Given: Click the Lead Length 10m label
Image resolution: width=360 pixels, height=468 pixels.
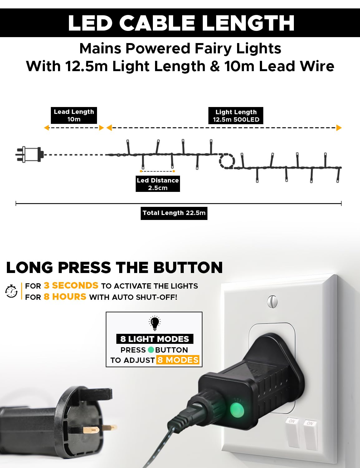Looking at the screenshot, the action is coord(74,115).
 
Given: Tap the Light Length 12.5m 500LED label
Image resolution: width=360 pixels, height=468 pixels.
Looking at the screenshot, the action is coord(236,116).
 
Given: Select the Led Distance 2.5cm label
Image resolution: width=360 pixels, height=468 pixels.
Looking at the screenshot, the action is coord(158,184).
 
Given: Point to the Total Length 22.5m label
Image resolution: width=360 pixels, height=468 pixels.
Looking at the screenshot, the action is coord(174,213).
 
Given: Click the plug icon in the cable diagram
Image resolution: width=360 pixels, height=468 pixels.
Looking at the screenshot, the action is coord(30,154).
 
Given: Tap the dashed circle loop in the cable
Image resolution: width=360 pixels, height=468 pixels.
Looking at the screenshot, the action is coord(227,161).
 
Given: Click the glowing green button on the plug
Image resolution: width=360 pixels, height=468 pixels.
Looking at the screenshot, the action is coord(237,410).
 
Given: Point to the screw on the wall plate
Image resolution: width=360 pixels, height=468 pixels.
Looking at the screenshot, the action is coord(272,302).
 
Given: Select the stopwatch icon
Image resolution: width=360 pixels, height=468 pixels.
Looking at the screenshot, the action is coord(12,291).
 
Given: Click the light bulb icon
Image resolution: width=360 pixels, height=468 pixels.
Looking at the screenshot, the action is coord(155,323).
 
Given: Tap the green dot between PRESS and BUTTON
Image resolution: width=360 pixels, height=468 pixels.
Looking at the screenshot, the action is coord(151,350).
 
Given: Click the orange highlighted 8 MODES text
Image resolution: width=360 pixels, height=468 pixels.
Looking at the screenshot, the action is coord(178,360).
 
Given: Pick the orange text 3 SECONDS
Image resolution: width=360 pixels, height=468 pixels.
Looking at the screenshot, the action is coord(71,285).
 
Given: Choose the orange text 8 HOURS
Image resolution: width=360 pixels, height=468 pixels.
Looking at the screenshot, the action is coord(65,297).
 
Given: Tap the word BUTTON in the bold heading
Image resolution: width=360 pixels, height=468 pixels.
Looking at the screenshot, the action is coord(188,267).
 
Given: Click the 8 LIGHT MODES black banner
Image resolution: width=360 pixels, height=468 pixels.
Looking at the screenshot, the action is coord(155,339).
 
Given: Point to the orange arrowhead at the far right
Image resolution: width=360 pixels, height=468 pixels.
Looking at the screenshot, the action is coord(339,128).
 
